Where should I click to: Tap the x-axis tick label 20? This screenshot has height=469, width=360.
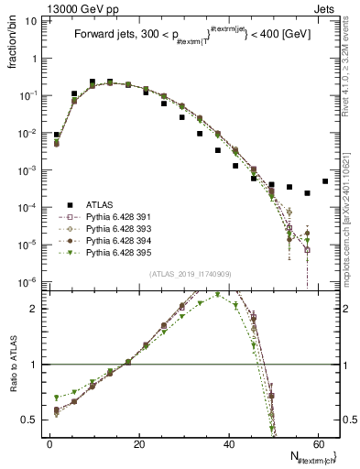(139, 444)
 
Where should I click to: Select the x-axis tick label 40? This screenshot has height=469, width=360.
(229, 444)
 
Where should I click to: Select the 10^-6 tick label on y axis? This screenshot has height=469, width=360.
(30, 281)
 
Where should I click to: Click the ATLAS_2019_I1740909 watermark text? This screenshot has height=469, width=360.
(190, 275)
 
